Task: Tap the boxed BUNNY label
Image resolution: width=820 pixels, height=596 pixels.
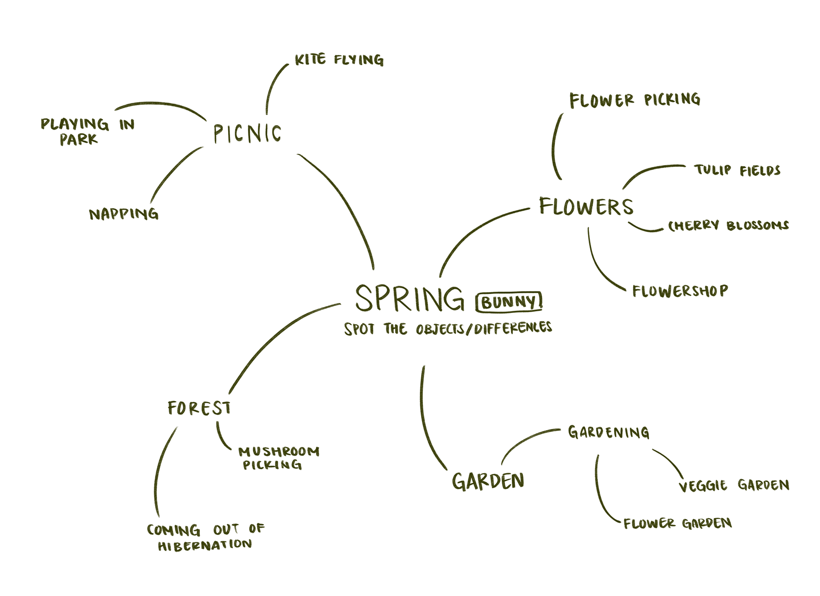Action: (509, 302)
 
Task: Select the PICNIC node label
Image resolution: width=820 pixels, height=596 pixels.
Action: (247, 134)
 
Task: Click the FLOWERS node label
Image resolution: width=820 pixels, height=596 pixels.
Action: (586, 207)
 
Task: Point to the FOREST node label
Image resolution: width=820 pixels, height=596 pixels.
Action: (199, 408)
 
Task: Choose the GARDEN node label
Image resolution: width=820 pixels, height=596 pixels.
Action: (488, 481)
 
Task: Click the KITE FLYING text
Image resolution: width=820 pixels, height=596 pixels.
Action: (339, 60)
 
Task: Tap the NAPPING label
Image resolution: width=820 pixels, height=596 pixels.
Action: (123, 214)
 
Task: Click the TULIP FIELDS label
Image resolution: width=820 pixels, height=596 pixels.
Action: (738, 170)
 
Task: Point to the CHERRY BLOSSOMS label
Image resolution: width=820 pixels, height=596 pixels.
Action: (728, 225)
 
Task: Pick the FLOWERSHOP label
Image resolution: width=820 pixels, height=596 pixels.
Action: (680, 291)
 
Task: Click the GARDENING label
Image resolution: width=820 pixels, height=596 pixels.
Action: (609, 432)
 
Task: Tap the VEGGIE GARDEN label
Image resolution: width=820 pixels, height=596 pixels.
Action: (734, 485)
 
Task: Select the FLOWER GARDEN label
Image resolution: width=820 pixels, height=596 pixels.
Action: (677, 523)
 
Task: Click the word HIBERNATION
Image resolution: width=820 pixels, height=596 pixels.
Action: (205, 545)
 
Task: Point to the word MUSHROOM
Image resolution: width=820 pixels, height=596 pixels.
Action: (278, 451)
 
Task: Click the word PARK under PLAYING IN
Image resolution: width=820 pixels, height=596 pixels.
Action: (79, 139)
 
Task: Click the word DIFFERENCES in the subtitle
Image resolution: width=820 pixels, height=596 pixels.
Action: (512, 328)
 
